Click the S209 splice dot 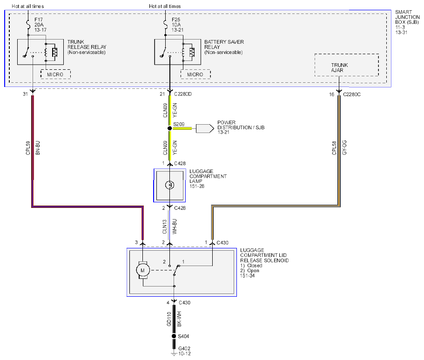(169, 128)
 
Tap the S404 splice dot (174, 336)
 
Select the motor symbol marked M (142, 270)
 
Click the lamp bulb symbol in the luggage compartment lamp (169, 185)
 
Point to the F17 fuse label (39, 20)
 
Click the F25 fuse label (176, 20)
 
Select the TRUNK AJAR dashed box (346, 65)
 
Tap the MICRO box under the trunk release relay (55, 74)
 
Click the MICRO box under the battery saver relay (195, 74)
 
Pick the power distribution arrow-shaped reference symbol (205, 128)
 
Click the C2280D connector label (183, 94)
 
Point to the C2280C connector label (351, 94)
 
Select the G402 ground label (184, 349)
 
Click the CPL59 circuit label (28, 147)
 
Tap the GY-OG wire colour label (344, 147)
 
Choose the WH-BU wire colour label (175, 227)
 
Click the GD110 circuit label (169, 319)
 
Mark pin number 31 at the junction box (26, 94)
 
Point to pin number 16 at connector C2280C (332, 94)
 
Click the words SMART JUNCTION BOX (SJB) (407, 17)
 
